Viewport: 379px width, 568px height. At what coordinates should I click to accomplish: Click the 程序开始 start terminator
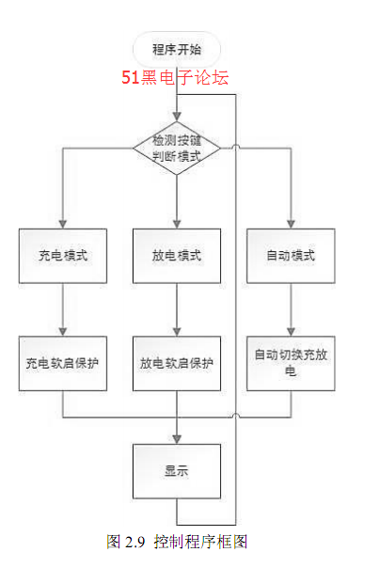click(177, 49)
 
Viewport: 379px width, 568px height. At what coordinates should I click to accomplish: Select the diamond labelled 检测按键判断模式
click(177, 149)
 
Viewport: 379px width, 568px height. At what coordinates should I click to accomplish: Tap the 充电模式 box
click(63, 256)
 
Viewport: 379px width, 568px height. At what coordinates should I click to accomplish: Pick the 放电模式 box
click(177, 256)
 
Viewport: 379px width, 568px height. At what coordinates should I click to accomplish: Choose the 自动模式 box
click(291, 256)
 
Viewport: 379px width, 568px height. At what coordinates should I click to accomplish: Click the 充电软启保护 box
click(63, 363)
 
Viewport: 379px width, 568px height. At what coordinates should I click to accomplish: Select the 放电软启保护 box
click(177, 363)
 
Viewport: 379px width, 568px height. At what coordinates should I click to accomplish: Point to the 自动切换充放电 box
click(291, 363)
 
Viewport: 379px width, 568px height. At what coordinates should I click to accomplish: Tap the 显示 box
click(177, 471)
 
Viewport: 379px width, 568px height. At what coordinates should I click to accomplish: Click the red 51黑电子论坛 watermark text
click(175, 77)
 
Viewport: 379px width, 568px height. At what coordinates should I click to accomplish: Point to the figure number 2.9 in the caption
click(134, 543)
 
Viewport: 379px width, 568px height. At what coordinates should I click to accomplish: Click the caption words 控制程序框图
click(200, 542)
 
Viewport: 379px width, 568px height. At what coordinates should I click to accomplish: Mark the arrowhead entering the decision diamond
click(177, 117)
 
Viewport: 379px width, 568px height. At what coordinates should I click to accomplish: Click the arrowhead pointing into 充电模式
click(63, 224)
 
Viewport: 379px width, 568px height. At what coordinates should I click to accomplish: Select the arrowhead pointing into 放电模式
click(177, 224)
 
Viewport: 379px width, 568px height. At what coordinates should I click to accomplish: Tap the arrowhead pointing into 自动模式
click(291, 224)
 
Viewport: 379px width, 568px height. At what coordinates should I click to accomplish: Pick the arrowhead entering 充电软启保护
click(63, 331)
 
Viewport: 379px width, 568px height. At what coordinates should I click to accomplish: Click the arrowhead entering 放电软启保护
click(177, 331)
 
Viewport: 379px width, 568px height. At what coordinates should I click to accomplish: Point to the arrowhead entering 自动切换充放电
click(291, 331)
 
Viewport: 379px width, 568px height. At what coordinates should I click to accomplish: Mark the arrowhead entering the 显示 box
click(177, 439)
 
